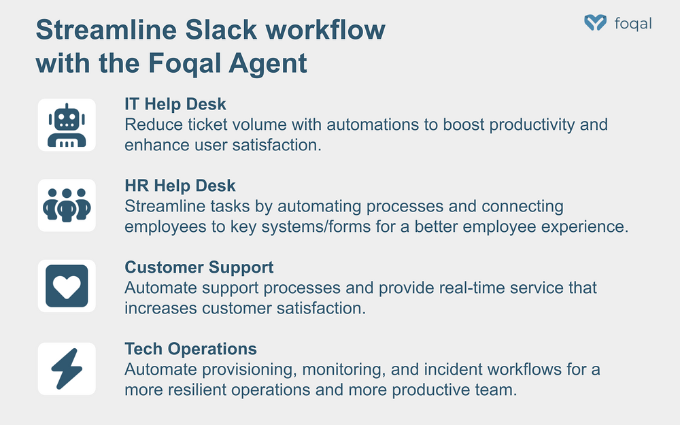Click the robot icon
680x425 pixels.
67,125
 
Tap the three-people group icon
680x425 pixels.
67,205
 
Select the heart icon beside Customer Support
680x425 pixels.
67,286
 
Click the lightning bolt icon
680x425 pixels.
67,369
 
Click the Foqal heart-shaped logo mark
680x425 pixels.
596,22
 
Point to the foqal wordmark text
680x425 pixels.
633,23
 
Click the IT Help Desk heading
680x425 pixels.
175,104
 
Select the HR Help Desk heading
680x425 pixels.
180,186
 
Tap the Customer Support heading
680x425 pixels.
199,267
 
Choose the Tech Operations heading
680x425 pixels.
191,349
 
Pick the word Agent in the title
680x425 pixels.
267,63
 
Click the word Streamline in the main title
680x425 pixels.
106,30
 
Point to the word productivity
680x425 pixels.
532,125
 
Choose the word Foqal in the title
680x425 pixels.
185,63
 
